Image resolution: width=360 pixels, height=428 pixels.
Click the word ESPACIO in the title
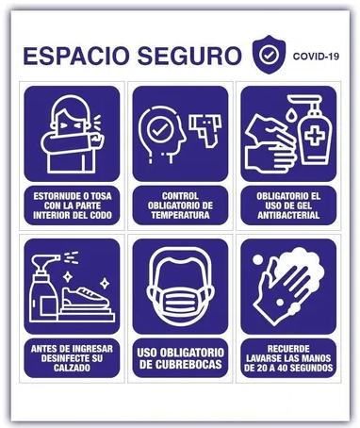pyautogui.click(x=76, y=56)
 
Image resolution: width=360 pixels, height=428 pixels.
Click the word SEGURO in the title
pyautogui.click(x=189, y=56)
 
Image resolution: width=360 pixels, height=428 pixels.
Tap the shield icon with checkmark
pyautogui.click(x=269, y=55)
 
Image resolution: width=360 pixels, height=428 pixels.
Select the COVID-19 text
pyautogui.click(x=316, y=57)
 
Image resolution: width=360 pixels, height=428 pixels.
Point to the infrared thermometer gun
pyautogui.click(x=205, y=129)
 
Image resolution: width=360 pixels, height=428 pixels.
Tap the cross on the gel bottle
pyautogui.click(x=315, y=135)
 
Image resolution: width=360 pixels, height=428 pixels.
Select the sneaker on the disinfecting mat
pyautogui.click(x=86, y=298)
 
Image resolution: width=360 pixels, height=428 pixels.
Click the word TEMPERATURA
pyautogui.click(x=180, y=215)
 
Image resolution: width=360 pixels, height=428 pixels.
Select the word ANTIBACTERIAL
pyautogui.click(x=288, y=215)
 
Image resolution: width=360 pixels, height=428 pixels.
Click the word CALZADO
pyautogui.click(x=72, y=368)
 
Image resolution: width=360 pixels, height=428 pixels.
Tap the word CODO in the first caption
pyautogui.click(x=101, y=215)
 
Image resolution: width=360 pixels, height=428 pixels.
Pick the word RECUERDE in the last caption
pyautogui.click(x=288, y=349)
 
